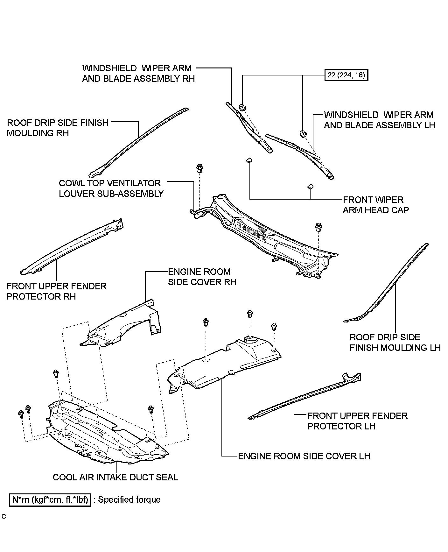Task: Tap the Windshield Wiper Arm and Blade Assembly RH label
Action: [138, 73]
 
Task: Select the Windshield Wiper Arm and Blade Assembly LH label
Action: [380, 120]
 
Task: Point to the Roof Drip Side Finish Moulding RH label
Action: [58, 128]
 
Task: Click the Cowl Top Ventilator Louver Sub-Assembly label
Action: [111, 188]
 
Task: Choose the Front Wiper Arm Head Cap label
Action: [376, 205]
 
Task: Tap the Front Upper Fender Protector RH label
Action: [57, 291]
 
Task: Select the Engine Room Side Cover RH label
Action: [202, 277]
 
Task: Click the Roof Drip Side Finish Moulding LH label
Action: [395, 343]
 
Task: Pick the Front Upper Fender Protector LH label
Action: [357, 421]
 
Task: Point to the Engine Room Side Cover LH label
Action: [304, 456]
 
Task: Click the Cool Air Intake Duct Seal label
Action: [115, 477]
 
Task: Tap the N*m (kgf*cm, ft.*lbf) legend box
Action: [50, 500]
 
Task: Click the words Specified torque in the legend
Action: [129, 499]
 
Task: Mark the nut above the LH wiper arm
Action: [303, 134]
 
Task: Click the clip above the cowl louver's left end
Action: [200, 168]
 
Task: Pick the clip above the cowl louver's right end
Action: [318, 227]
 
